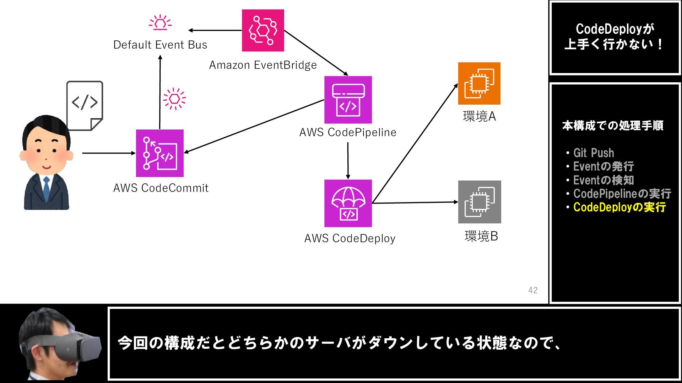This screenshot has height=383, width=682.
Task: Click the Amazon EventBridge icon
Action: click(263, 30)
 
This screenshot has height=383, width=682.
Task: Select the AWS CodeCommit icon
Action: click(160, 153)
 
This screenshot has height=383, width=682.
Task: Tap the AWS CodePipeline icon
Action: click(348, 100)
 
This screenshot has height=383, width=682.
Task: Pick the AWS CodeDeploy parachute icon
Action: click(348, 203)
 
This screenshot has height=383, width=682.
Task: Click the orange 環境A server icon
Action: click(479, 83)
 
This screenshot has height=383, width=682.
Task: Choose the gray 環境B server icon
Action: click(480, 202)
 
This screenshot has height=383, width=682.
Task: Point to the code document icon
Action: click(85, 106)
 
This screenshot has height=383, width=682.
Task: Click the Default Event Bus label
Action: click(160, 45)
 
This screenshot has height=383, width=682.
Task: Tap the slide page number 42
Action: click(533, 290)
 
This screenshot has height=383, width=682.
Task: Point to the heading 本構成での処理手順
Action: click(613, 126)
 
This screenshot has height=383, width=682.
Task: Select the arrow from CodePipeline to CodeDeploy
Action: click(348, 161)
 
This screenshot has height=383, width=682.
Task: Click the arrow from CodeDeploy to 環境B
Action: click(415, 202)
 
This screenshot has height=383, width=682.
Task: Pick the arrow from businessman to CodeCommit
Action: click(109, 153)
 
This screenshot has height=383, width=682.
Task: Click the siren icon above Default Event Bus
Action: click(160, 22)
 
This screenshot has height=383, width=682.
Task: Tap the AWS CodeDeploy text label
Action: click(350, 238)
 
